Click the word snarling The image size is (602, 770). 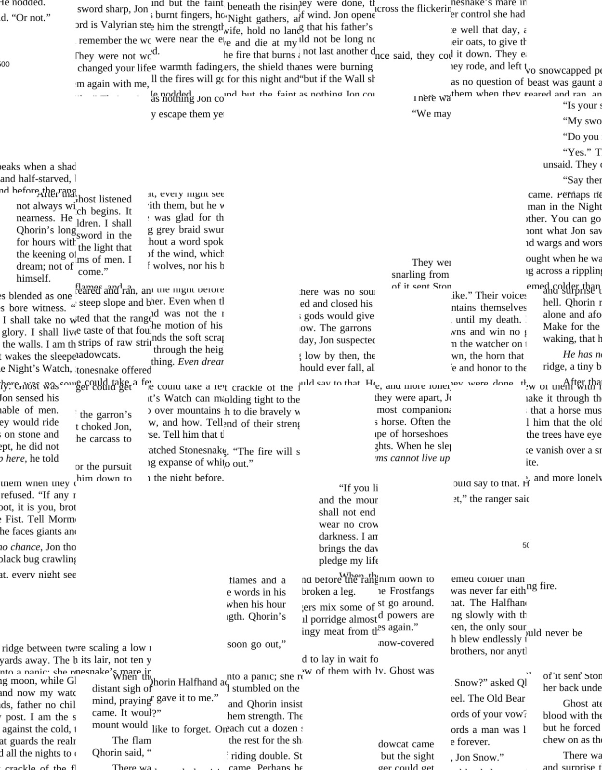[x=409, y=274]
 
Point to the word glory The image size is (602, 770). [x=15, y=332]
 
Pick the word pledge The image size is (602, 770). [x=333, y=561]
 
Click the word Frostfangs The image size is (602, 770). [x=412, y=591]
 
